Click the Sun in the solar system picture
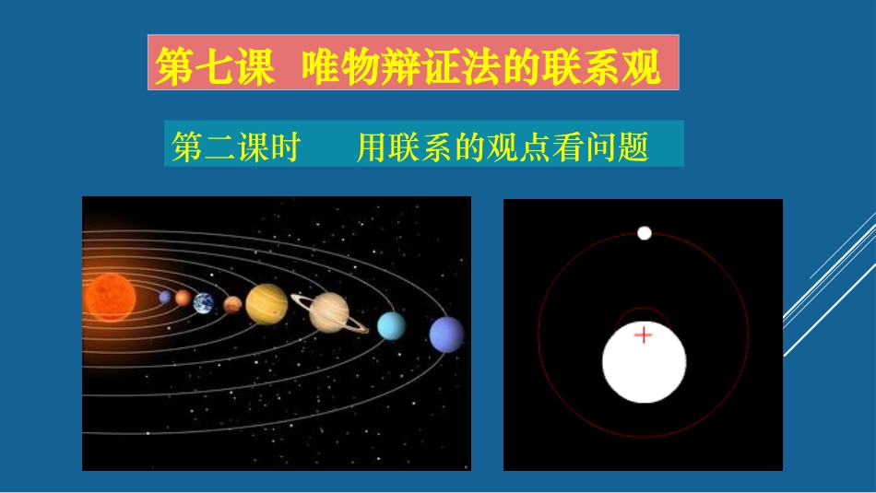(109, 297)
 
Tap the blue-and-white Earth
(203, 302)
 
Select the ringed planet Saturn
(327, 311)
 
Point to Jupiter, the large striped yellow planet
(266, 304)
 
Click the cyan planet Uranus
(392, 324)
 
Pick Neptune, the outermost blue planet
(446, 334)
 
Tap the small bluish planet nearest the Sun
(165, 297)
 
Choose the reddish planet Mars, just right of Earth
(232, 304)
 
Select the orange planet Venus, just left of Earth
(183, 298)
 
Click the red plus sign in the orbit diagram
(643, 335)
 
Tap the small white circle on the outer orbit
(645, 233)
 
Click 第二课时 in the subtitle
(236, 147)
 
